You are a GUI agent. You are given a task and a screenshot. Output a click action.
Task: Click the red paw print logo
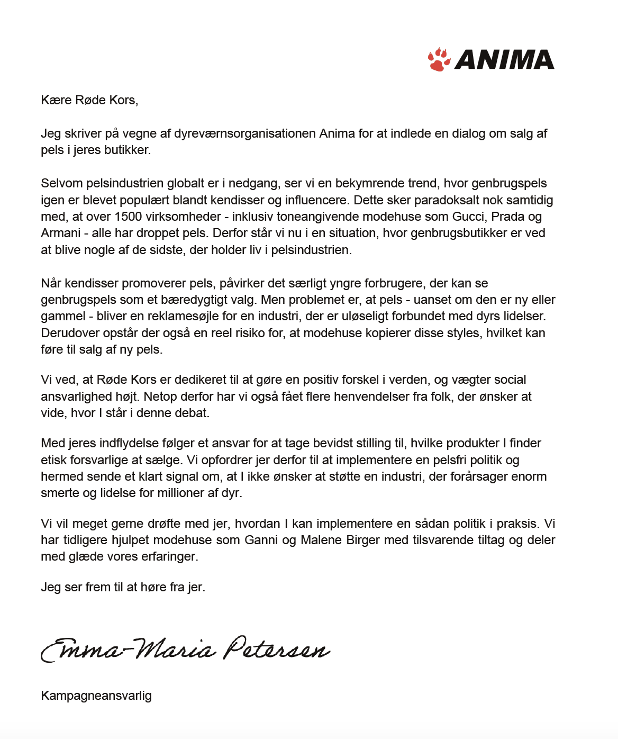click(439, 59)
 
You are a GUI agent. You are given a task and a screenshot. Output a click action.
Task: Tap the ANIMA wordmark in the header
click(504, 60)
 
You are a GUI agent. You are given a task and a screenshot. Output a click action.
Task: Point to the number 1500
click(128, 217)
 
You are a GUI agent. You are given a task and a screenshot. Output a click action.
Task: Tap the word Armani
click(60, 233)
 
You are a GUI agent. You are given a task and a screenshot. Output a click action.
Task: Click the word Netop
click(160, 396)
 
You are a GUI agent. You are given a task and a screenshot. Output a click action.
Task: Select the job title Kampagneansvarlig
click(96, 696)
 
